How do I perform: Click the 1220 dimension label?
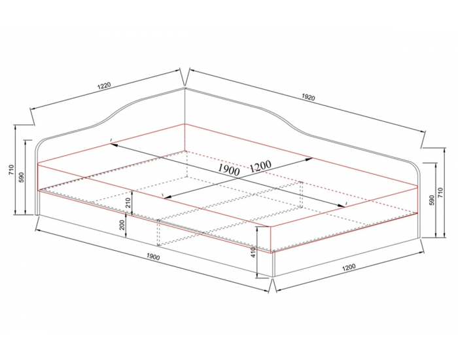(x=104, y=85)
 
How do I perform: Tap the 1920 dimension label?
(x=308, y=97)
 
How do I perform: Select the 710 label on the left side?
(x=11, y=170)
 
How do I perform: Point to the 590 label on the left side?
(x=22, y=177)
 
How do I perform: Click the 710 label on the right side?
(x=441, y=192)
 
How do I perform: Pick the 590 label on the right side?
(x=432, y=200)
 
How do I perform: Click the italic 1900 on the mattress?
(x=229, y=170)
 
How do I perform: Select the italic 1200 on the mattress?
(x=260, y=166)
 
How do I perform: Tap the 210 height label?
(x=128, y=203)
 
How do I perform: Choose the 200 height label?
(x=122, y=225)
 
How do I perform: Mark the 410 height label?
(x=253, y=253)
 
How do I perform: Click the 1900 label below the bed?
(x=153, y=257)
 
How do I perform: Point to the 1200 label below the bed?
(x=349, y=267)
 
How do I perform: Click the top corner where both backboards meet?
(x=185, y=87)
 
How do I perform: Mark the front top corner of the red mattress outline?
(x=270, y=226)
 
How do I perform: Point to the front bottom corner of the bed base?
(x=273, y=277)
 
